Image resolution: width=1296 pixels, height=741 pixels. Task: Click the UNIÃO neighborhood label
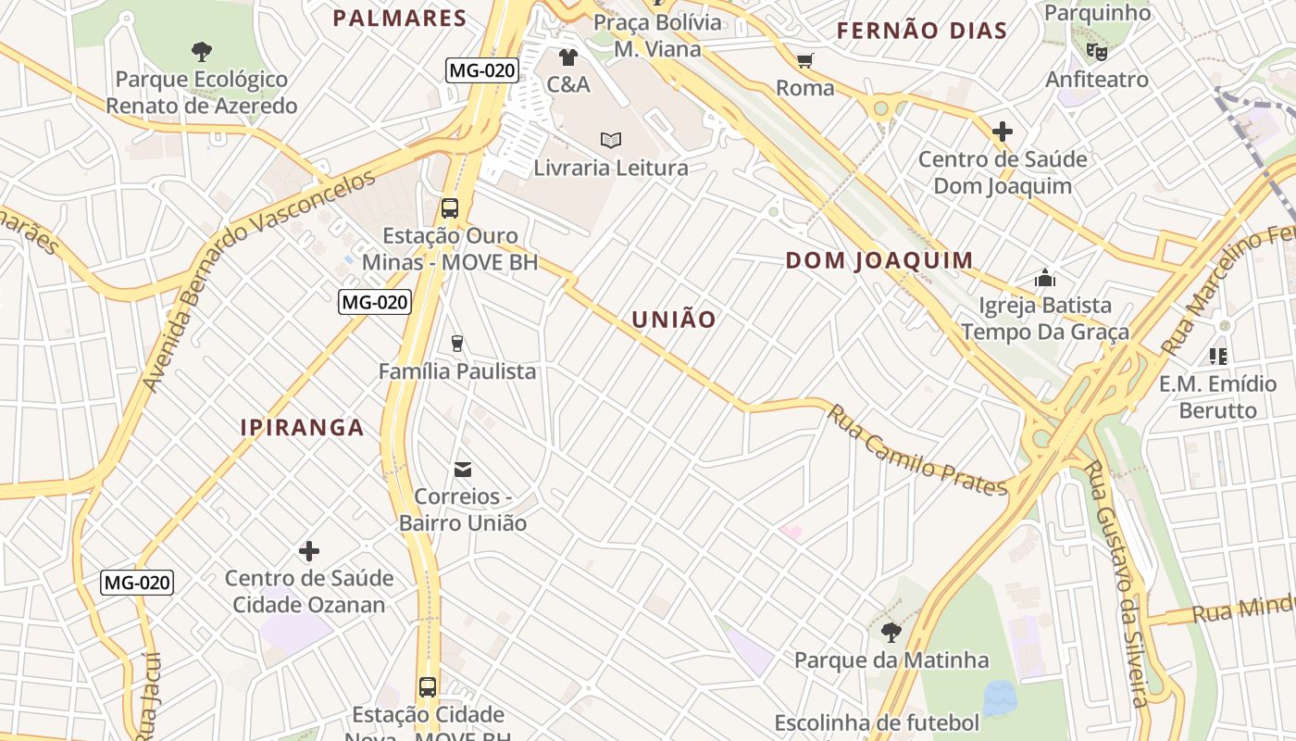click(674, 320)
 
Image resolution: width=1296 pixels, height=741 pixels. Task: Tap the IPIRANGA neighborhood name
click(302, 428)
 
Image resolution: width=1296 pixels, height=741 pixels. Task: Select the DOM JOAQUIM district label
click(879, 260)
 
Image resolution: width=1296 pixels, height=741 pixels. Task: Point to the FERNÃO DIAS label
click(921, 31)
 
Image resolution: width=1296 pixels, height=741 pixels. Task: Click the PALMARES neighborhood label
click(400, 19)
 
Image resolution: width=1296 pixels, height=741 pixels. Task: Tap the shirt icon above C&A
click(568, 57)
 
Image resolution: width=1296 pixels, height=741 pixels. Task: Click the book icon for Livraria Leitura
click(610, 141)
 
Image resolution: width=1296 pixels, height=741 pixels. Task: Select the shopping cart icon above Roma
click(805, 61)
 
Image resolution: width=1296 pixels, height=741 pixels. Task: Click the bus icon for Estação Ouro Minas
click(450, 208)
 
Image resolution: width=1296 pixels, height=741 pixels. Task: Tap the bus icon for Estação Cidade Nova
click(428, 687)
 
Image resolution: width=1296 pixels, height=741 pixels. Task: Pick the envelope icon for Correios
click(462, 470)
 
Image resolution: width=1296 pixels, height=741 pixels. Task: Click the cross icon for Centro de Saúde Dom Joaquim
click(1002, 132)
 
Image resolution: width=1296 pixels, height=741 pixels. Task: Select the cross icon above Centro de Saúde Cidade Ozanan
click(309, 552)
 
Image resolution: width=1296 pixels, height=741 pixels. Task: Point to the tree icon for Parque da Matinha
click(891, 633)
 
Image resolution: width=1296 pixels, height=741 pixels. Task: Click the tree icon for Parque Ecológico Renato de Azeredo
click(201, 52)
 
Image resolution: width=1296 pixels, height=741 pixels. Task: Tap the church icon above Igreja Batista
click(1045, 278)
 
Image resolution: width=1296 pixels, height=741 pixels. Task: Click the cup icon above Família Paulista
click(456, 344)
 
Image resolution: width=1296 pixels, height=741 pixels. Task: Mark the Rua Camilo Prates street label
click(916, 450)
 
